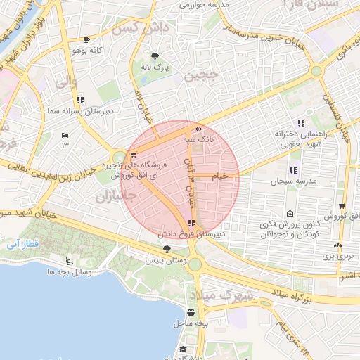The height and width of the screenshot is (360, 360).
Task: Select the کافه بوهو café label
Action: tap(87, 51)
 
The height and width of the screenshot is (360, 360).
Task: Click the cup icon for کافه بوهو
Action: tap(86, 40)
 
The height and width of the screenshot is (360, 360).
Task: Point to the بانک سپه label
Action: tap(198, 140)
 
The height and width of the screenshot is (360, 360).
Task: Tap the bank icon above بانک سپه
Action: tap(198, 129)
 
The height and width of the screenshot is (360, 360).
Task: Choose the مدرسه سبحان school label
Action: tap(303, 181)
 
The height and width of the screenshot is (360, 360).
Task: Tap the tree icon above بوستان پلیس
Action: tap(167, 249)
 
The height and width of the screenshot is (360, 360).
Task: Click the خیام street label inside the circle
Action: tap(220, 176)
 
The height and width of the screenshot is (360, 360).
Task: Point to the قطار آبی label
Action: tap(20, 244)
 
